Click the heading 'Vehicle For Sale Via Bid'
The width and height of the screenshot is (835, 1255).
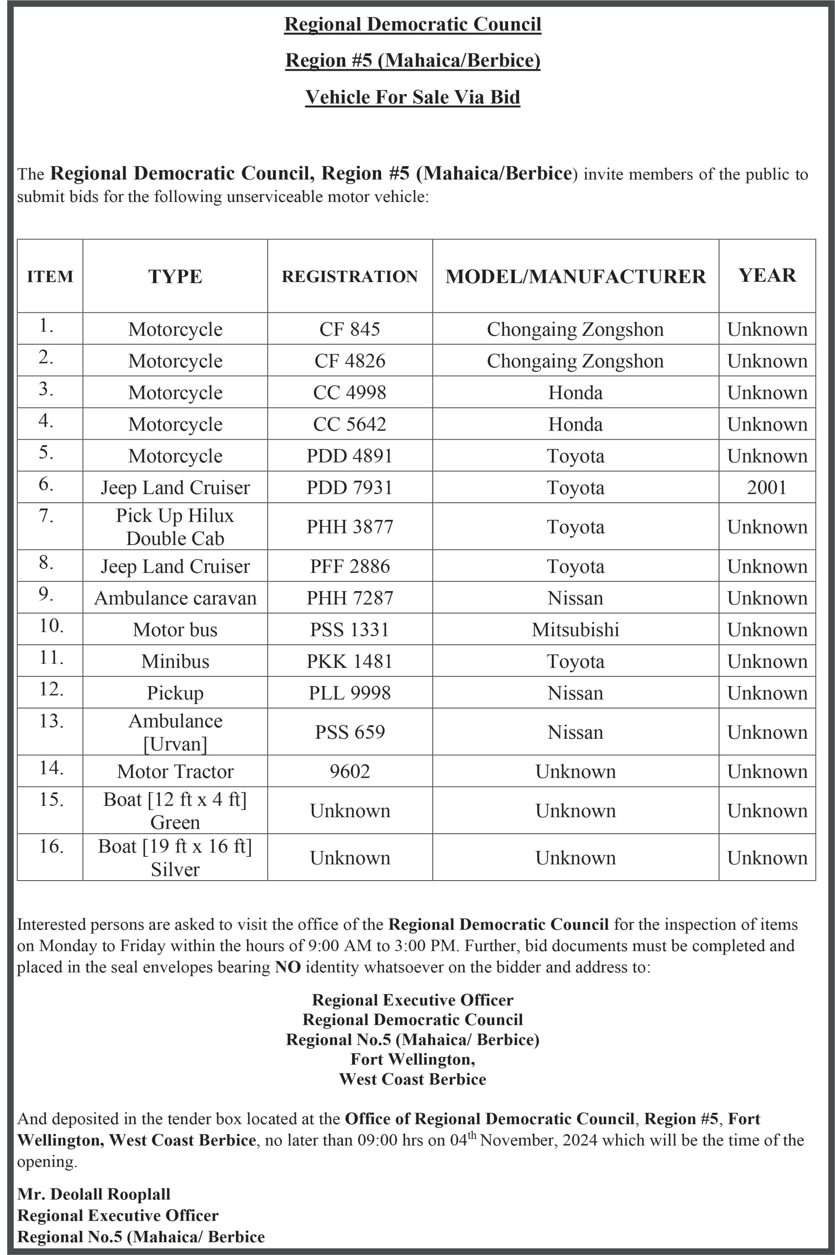(412, 97)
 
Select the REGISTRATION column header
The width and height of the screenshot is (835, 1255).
(350, 276)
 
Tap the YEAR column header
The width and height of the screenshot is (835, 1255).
(767, 275)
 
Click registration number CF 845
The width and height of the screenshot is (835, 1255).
(350, 329)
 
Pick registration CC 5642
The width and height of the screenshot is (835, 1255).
(350, 424)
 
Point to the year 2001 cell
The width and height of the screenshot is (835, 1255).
(766, 487)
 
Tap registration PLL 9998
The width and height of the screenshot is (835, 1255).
(350, 693)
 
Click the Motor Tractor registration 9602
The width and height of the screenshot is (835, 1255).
(350, 771)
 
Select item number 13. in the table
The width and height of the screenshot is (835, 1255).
(51, 721)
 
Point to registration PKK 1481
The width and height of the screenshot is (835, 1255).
(350, 661)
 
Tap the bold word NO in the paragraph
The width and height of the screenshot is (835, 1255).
(288, 967)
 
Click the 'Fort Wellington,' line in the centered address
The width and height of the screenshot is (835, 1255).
(412, 1059)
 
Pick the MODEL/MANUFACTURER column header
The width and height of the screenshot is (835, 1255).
(575, 276)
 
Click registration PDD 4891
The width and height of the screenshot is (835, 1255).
(350, 456)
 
